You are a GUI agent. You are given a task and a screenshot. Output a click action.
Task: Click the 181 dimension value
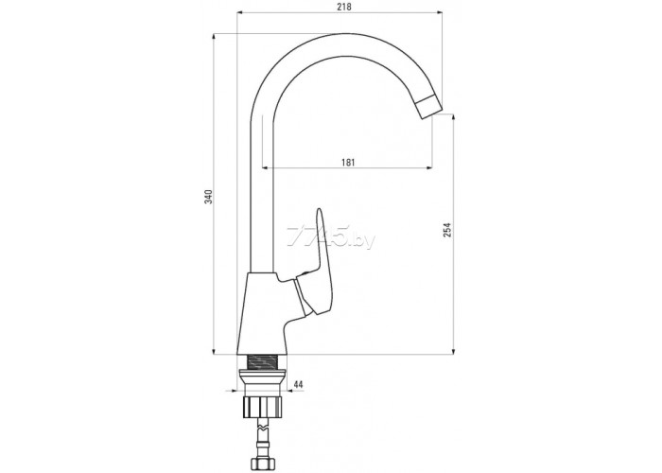pyautogui.click(x=347, y=162)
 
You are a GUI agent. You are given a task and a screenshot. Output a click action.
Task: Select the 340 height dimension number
pyautogui.click(x=209, y=197)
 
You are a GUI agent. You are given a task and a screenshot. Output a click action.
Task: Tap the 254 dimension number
pyautogui.click(x=447, y=229)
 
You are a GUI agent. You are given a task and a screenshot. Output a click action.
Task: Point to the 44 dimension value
pyautogui.click(x=298, y=384)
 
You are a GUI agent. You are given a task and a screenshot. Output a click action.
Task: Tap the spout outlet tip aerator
pyautogui.click(x=428, y=108)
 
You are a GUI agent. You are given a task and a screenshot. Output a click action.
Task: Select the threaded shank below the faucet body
pyautogui.click(x=262, y=362)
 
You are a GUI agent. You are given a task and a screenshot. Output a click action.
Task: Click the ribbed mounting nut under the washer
pyautogui.click(x=262, y=408)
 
